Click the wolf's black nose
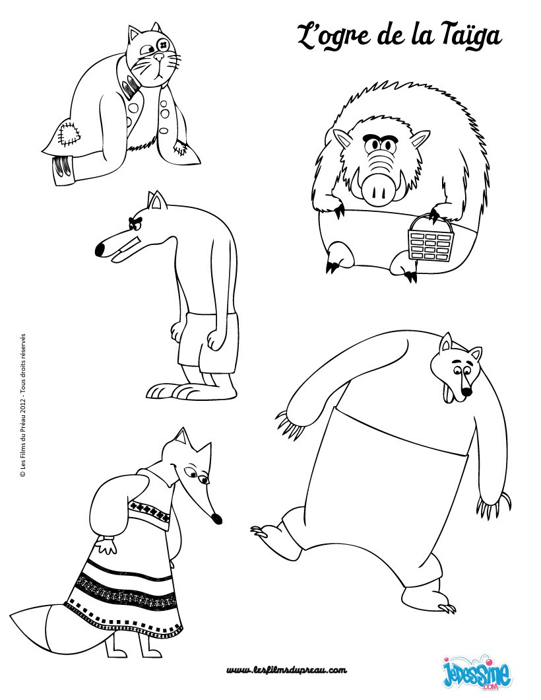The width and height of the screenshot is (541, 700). [x=100, y=250]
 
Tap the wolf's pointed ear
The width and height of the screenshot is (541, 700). [x=156, y=199]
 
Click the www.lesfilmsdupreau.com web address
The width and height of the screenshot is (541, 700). [x=287, y=670]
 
